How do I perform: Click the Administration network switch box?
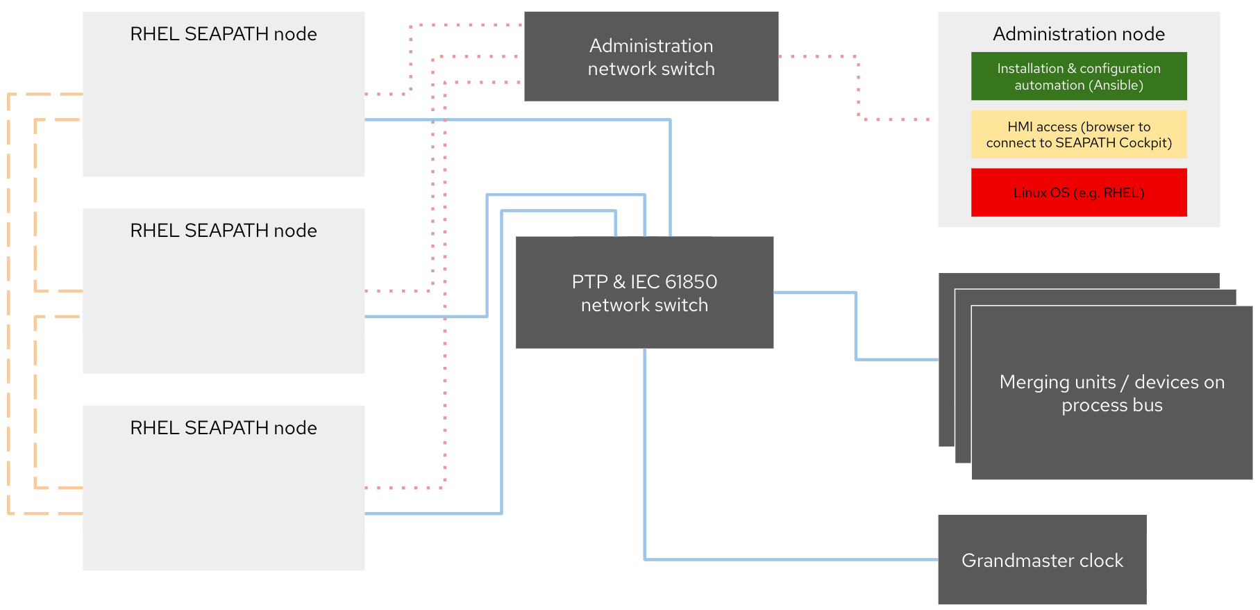click(x=650, y=56)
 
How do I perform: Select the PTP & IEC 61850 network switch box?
click(x=644, y=292)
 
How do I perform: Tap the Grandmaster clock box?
click(x=1041, y=559)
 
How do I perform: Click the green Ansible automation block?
click(x=1078, y=76)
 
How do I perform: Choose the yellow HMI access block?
click(x=1078, y=134)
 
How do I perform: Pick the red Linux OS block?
click(x=1078, y=192)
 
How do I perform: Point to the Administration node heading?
click(x=1078, y=34)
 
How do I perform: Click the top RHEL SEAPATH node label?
click(x=223, y=34)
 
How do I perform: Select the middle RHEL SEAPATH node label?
click(x=223, y=231)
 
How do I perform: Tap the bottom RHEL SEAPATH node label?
click(x=223, y=428)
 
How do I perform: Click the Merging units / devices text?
click(x=1111, y=393)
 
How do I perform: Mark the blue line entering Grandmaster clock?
click(x=791, y=559)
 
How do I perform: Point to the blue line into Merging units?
click(x=896, y=359)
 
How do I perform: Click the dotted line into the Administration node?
click(x=896, y=119)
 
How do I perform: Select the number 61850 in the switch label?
click(x=691, y=281)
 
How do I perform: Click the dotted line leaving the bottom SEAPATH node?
click(x=403, y=488)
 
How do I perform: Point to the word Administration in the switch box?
click(x=650, y=46)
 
